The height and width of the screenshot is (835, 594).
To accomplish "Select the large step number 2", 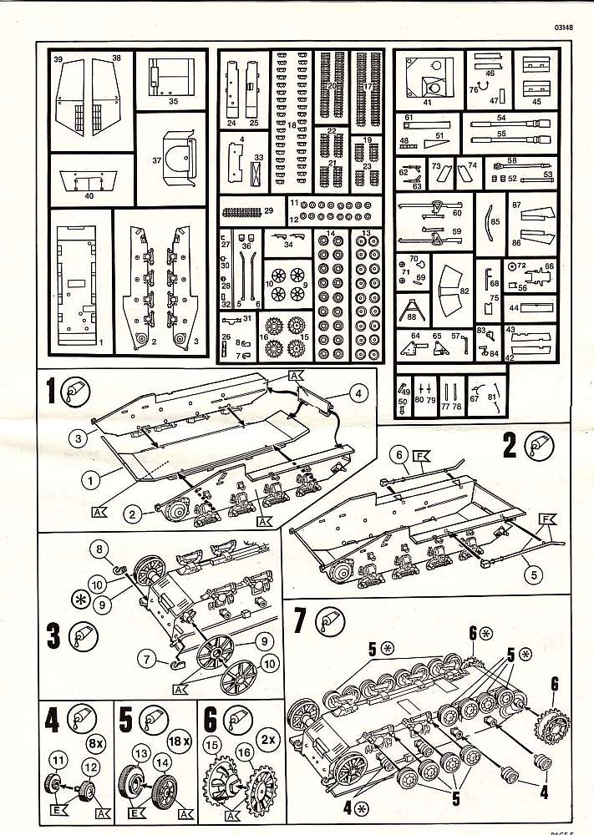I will click(x=509, y=447).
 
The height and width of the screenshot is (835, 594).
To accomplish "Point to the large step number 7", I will click(x=302, y=620).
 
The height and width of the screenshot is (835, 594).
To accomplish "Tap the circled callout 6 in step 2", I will click(x=400, y=454).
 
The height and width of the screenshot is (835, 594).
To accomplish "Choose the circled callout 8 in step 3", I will click(x=99, y=548).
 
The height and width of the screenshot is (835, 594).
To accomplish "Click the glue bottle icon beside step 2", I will click(x=536, y=448).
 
